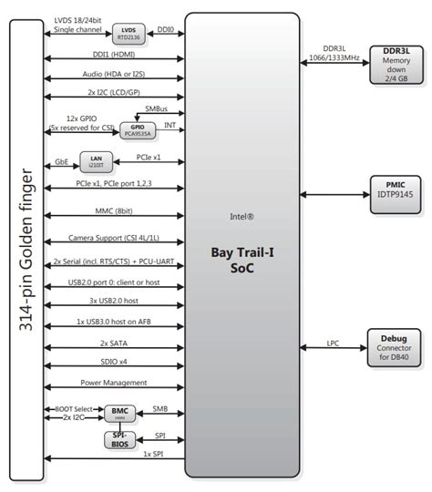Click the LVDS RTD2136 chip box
coord(128,35)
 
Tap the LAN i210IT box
coord(96,161)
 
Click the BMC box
coord(120,414)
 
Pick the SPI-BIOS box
coord(120,440)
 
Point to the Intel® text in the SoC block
coord(242,218)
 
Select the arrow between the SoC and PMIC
coord(334,193)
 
